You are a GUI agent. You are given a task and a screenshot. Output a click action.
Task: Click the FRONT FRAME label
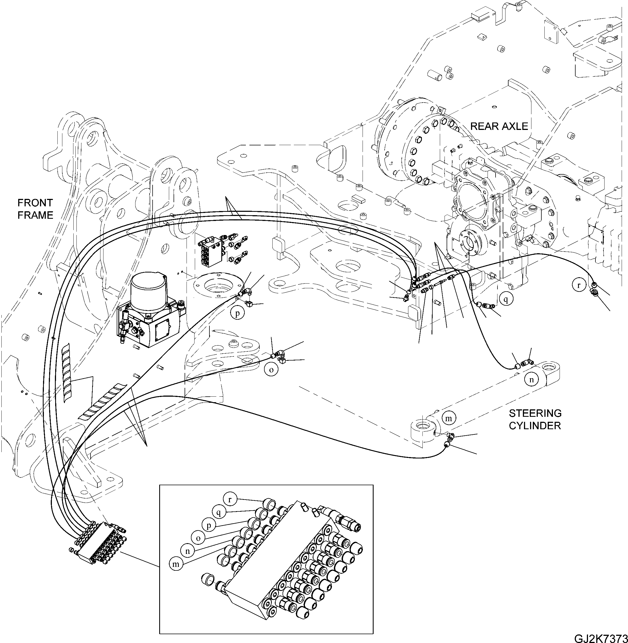coord(35,209)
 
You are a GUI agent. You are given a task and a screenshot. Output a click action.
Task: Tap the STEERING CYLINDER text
coord(535,420)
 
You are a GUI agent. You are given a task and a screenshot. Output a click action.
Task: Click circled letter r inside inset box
coord(230,500)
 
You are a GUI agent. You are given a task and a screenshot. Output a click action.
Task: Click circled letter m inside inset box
coord(176,564)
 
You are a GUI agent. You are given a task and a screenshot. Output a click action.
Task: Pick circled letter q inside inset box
coord(218,512)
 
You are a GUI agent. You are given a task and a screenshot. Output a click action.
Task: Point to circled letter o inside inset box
coord(198,538)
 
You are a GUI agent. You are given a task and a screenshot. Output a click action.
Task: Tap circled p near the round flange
coord(237,313)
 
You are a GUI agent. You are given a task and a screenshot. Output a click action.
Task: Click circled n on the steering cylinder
coord(531,380)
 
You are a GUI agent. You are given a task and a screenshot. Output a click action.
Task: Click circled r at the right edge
coord(579,285)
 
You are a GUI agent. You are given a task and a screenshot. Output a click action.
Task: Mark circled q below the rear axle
coord(506,299)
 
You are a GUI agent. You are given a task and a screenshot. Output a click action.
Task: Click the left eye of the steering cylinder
coord(422,429)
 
